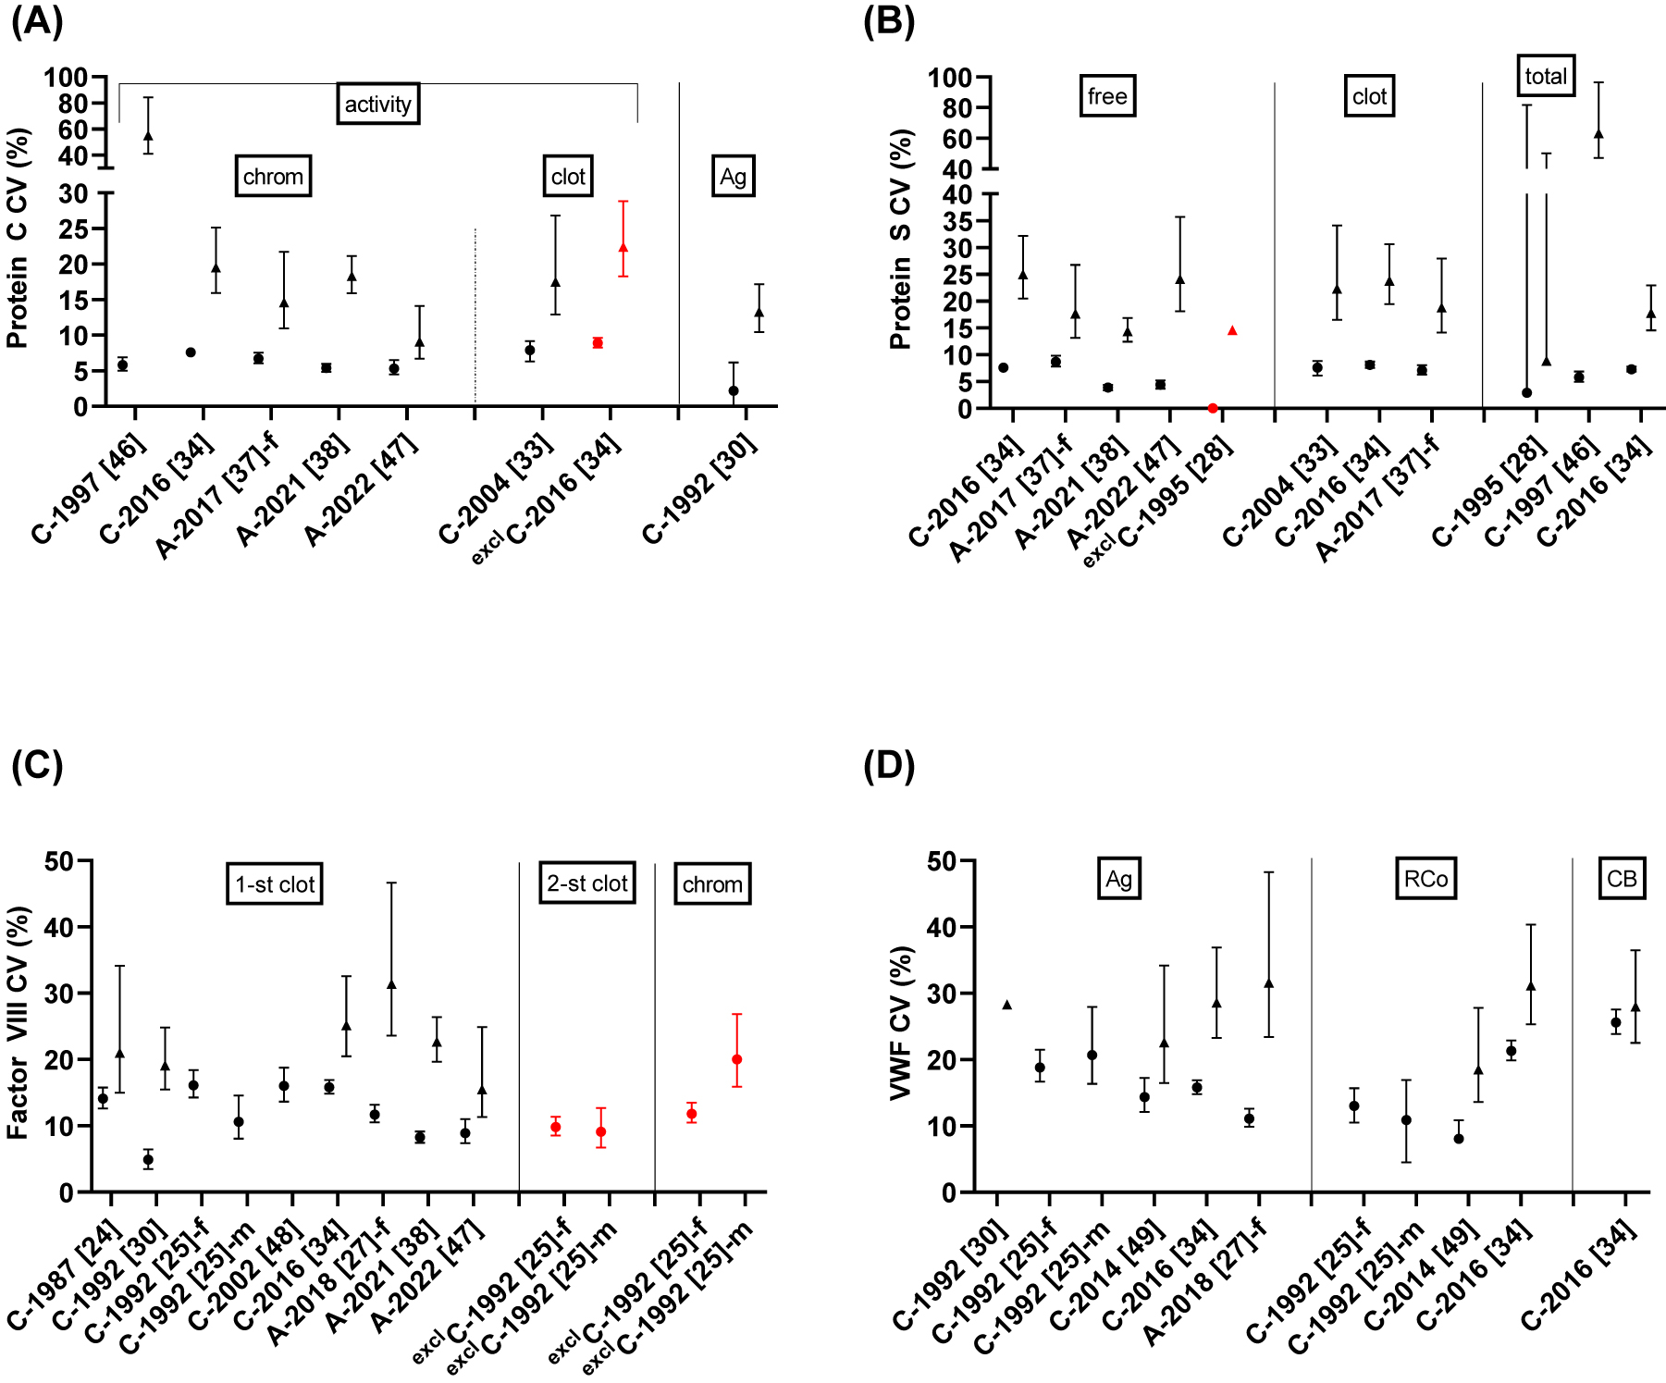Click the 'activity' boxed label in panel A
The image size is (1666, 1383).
[x=377, y=104]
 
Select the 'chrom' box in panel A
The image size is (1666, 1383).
[x=273, y=176]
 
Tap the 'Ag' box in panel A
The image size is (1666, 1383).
[x=733, y=176]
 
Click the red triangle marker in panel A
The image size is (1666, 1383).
[x=623, y=247]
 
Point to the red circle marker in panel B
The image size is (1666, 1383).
[x=1213, y=408]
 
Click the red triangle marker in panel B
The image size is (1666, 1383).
[x=1232, y=330]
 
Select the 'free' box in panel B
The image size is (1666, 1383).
[x=1107, y=96]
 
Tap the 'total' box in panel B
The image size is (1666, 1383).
[x=1546, y=76]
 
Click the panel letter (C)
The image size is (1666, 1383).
[x=37, y=766]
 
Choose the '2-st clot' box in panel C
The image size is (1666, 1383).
[x=587, y=883]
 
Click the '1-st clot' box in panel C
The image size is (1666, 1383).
[x=275, y=884]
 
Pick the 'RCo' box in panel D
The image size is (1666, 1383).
[x=1425, y=879]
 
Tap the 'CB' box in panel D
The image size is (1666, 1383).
[x=1622, y=879]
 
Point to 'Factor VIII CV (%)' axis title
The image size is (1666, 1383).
[x=18, y=1022]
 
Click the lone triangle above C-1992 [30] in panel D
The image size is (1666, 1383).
[x=1006, y=1005]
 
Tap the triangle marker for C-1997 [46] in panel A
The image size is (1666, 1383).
[x=148, y=136]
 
